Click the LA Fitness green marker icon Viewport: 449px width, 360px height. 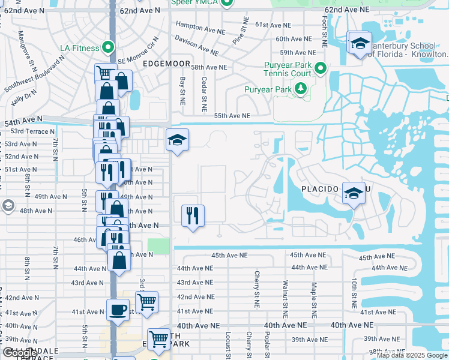tap(108, 46)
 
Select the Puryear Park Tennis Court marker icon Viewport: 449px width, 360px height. tap(320, 68)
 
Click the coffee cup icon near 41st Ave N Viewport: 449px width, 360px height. tap(117, 310)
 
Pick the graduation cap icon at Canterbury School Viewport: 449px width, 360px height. tap(360, 43)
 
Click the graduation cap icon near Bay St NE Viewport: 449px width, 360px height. tap(177, 140)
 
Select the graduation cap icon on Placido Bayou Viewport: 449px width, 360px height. tap(354, 193)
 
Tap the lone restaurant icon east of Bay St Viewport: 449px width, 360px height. tap(193, 215)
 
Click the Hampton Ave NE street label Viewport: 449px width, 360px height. tap(197, 26)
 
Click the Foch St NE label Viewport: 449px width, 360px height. tap(323, 37)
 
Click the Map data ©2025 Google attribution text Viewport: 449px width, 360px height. tap(412, 355)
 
